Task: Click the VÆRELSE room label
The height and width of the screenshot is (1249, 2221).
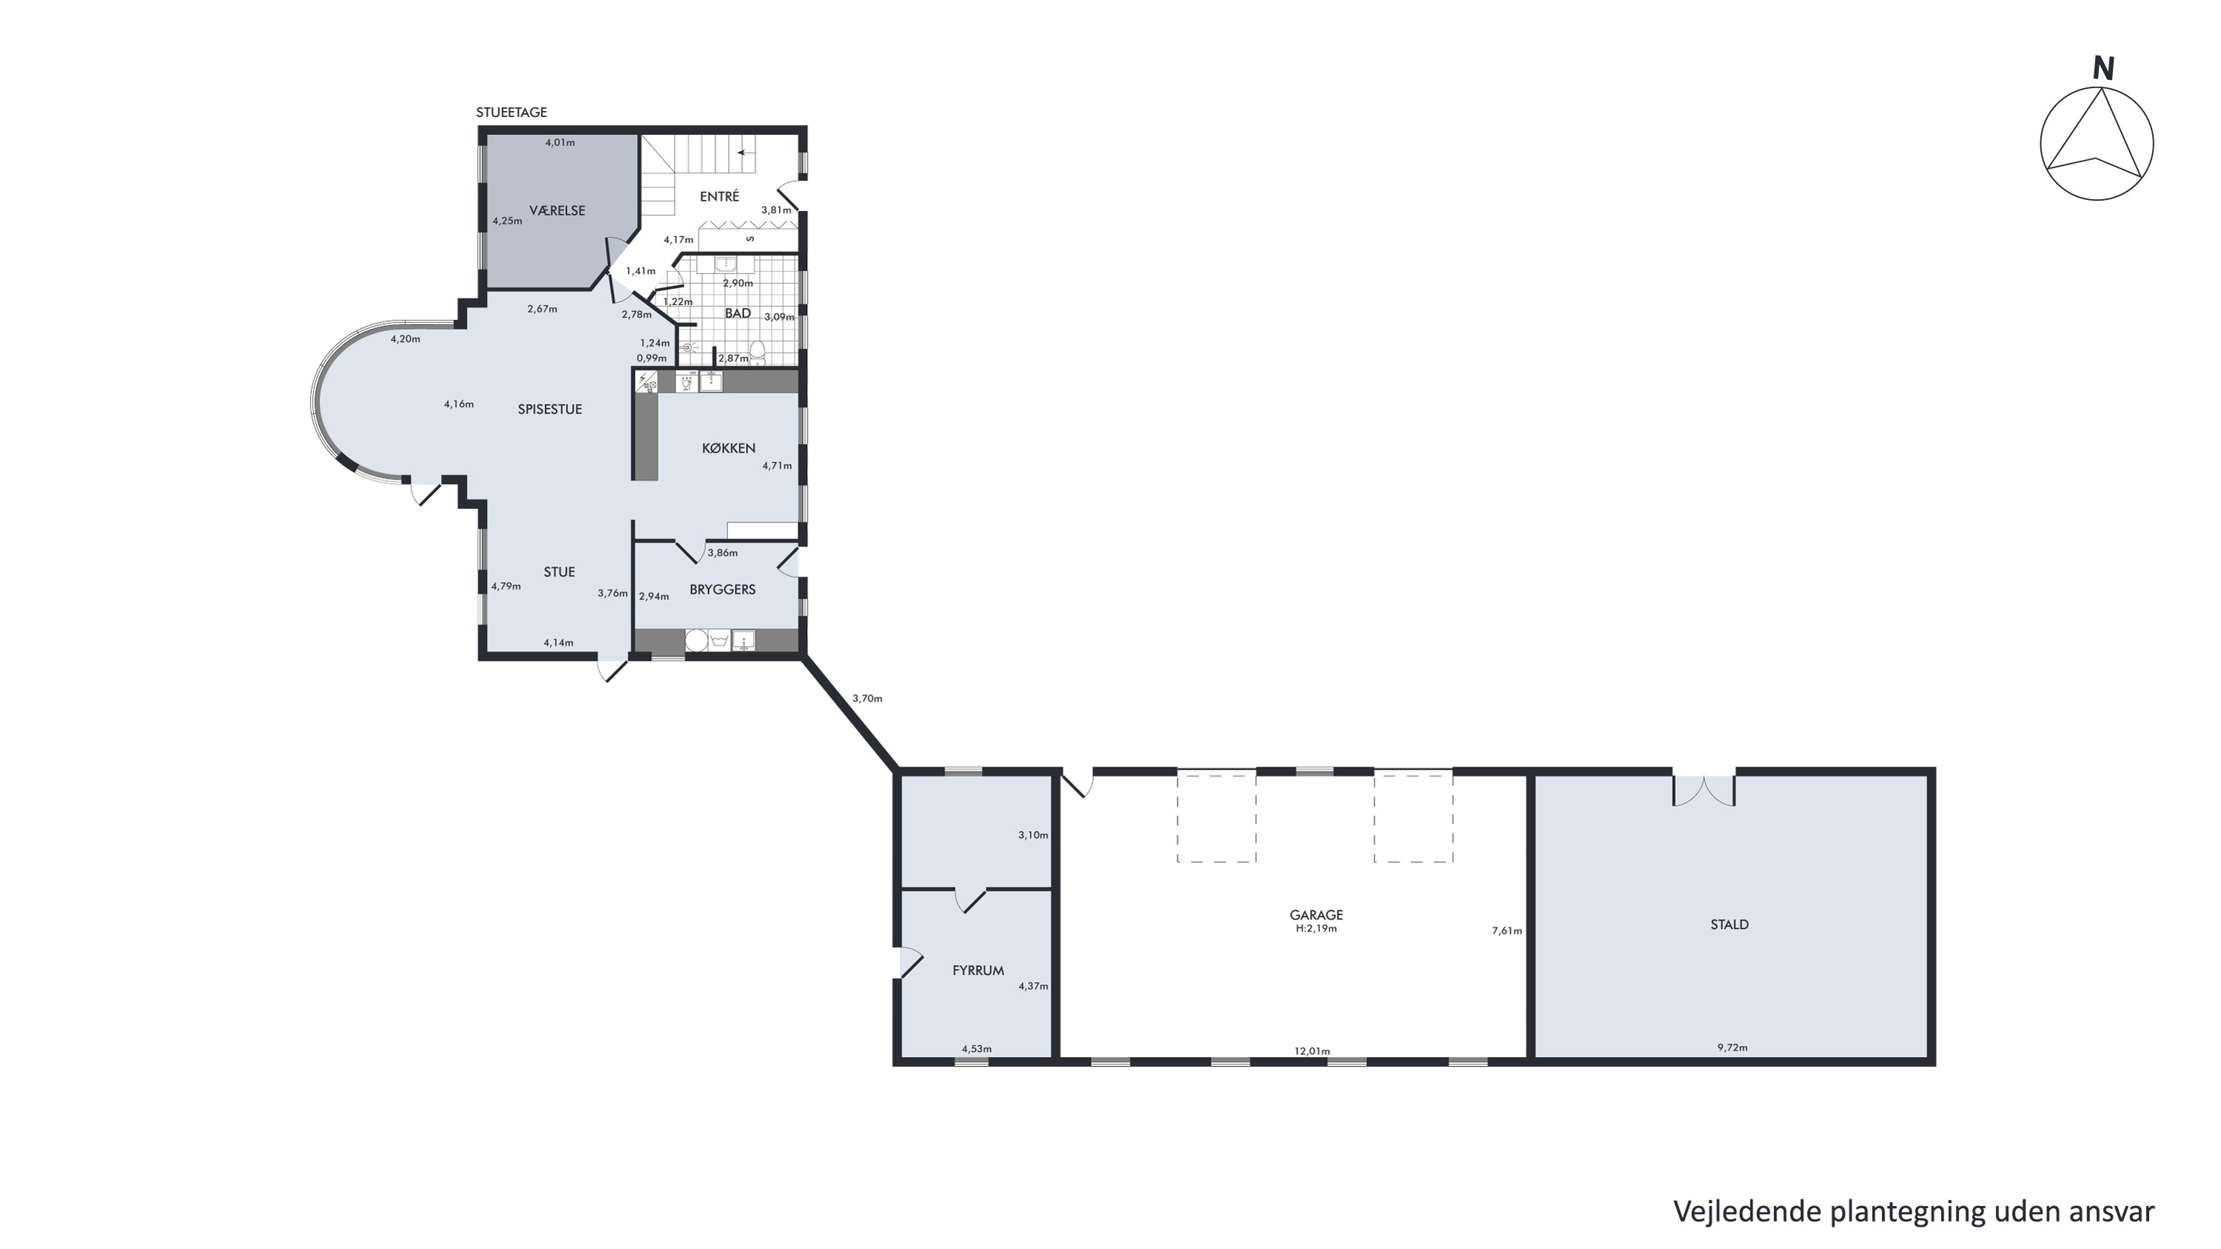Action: coord(557,210)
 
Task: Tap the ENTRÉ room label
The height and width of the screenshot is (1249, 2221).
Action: coord(719,196)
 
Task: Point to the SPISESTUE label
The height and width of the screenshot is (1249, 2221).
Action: coord(550,409)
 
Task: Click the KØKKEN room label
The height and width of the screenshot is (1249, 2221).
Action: coord(729,447)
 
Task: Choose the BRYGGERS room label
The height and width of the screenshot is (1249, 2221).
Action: coord(723,589)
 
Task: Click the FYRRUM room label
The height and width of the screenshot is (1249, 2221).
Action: coord(978,970)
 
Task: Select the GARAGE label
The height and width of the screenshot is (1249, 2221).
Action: coord(1316,915)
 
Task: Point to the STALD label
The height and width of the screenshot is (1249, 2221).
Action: coord(1729,925)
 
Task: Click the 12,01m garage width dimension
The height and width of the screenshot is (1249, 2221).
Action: coord(1312,1050)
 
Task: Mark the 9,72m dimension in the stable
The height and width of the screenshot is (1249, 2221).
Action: coord(1732,1048)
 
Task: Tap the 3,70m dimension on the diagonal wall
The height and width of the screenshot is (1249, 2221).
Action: coord(867,699)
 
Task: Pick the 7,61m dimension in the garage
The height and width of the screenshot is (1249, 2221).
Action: coord(1507,930)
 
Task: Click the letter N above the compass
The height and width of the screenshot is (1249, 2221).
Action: coord(2104,69)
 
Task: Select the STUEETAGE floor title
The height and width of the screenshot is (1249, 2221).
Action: coord(511,112)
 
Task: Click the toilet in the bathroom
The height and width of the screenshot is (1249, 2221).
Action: coord(758,351)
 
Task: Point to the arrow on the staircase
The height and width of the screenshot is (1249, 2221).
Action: coord(745,153)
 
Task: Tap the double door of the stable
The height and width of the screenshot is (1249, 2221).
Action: coord(1703,790)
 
